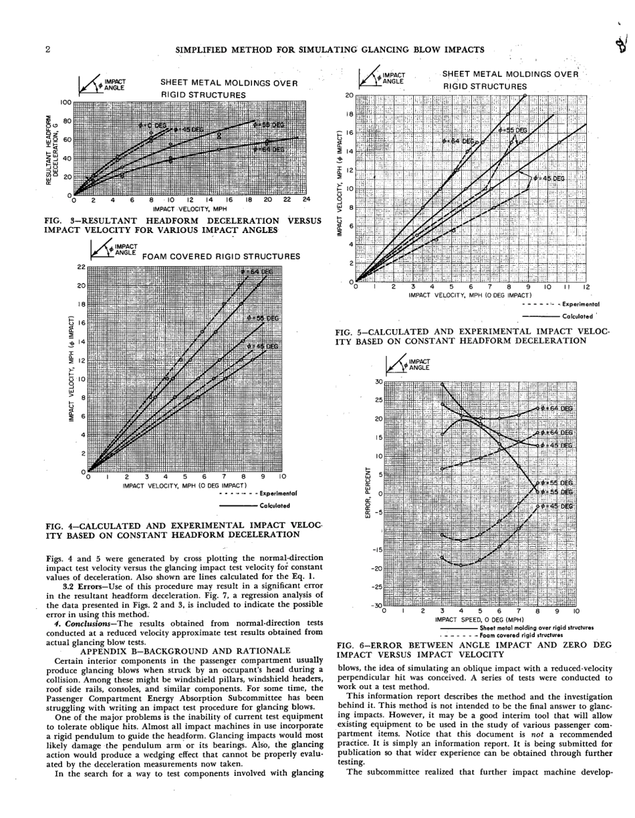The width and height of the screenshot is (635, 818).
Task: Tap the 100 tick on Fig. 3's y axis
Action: [x=65, y=103]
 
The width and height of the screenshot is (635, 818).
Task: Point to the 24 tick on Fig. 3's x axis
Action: [x=306, y=200]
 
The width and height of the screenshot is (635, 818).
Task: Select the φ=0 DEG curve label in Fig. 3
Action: [x=152, y=125]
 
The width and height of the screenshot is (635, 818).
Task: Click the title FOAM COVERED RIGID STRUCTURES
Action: [x=221, y=256]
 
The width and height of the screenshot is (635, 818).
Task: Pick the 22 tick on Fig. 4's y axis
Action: [x=82, y=267]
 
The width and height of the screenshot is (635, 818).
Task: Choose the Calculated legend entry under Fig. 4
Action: [x=275, y=505]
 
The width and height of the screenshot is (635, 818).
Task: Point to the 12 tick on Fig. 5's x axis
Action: [x=586, y=287]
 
